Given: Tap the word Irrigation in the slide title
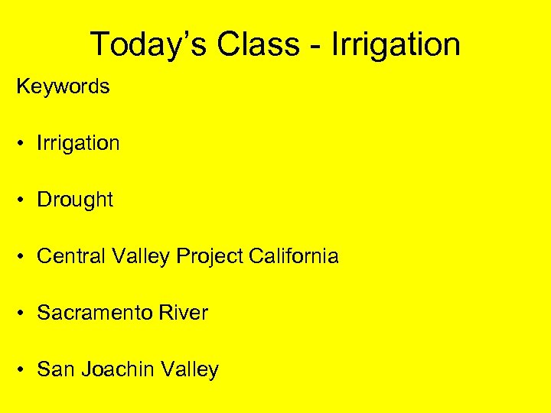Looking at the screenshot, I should [396, 44].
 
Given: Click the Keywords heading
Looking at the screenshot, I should [63, 86].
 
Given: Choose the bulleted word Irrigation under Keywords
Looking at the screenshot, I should [78, 143].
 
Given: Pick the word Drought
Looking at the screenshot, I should [75, 200].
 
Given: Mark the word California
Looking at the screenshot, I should [294, 256].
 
